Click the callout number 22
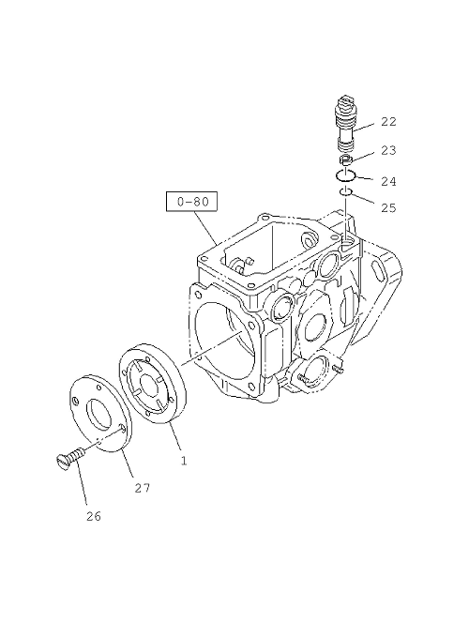pyautogui.click(x=388, y=122)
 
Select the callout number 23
pyautogui.click(x=388, y=150)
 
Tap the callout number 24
pyautogui.click(x=388, y=181)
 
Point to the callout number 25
pyautogui.click(x=388, y=208)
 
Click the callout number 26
pyautogui.click(x=94, y=516)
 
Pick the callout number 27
pyautogui.click(x=143, y=488)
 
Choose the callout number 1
pyautogui.click(x=184, y=461)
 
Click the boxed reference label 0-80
pyautogui.click(x=191, y=202)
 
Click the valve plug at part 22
pyautogui.click(x=345, y=122)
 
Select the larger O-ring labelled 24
pyautogui.click(x=346, y=175)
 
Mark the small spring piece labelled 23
pyautogui.click(x=346, y=159)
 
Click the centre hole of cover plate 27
pyautogui.click(x=100, y=415)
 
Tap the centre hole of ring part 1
pyautogui.click(x=149, y=384)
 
